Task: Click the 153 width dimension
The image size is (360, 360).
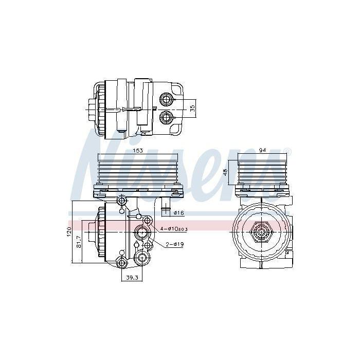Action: (137, 151)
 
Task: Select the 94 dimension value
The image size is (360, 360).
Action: (262, 150)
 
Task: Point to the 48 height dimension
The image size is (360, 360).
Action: (225, 172)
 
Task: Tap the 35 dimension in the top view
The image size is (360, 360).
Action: (192, 109)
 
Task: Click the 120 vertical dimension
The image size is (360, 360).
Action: (69, 232)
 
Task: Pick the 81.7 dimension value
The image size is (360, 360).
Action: (79, 242)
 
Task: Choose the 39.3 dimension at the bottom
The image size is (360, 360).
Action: (132, 278)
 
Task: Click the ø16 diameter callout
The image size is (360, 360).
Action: (179, 213)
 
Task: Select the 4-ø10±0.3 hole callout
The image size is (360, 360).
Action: (174, 229)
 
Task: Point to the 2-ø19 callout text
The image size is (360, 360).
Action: (175, 244)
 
